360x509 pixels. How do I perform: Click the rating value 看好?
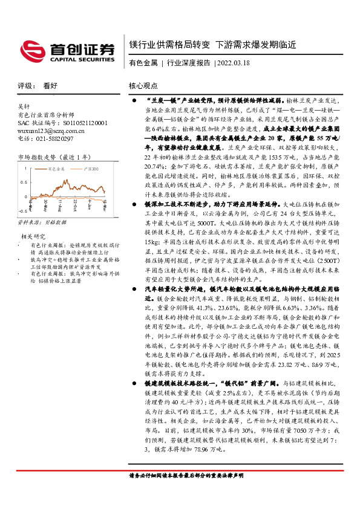pos(51,86)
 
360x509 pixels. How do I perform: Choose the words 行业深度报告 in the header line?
pos(188,62)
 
